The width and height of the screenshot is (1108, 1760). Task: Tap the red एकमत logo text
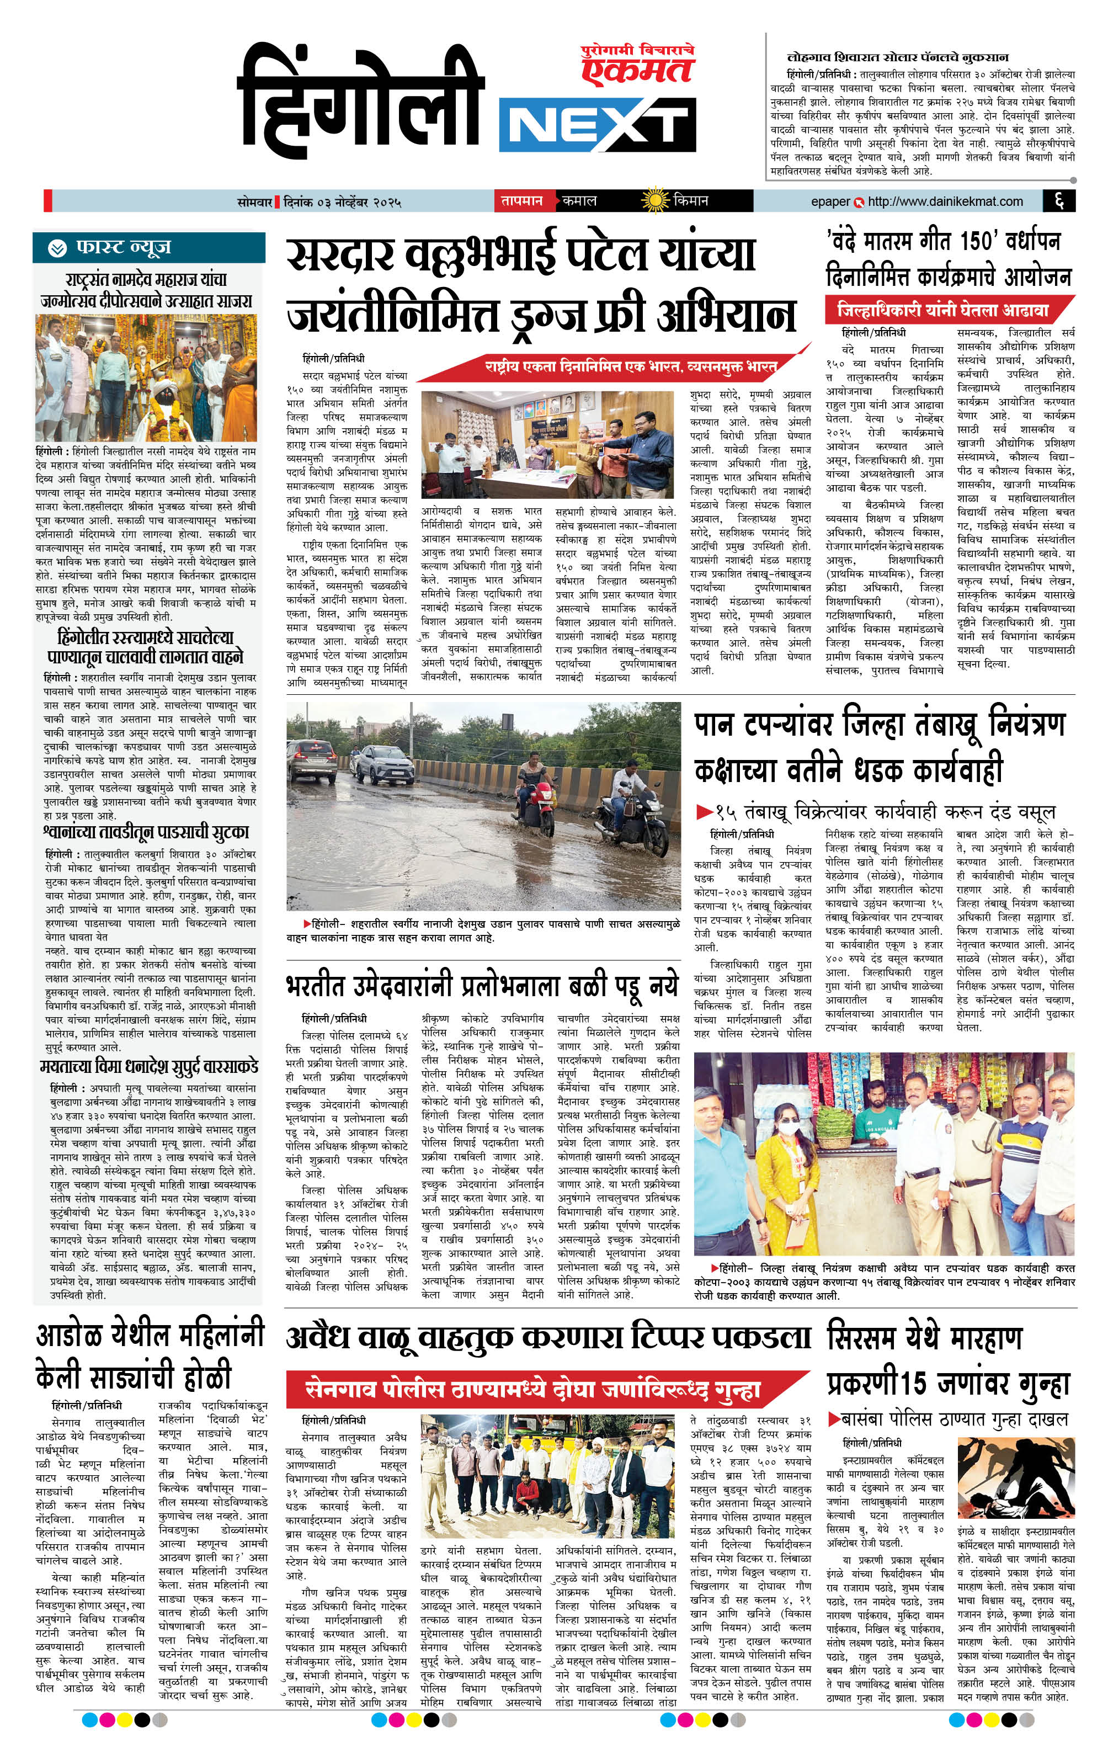point(637,70)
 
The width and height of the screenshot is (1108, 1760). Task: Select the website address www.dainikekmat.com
point(945,201)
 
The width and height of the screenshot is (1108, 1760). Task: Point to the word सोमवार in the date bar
point(254,201)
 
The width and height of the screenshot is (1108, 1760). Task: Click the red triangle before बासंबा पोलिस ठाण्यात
point(834,1419)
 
